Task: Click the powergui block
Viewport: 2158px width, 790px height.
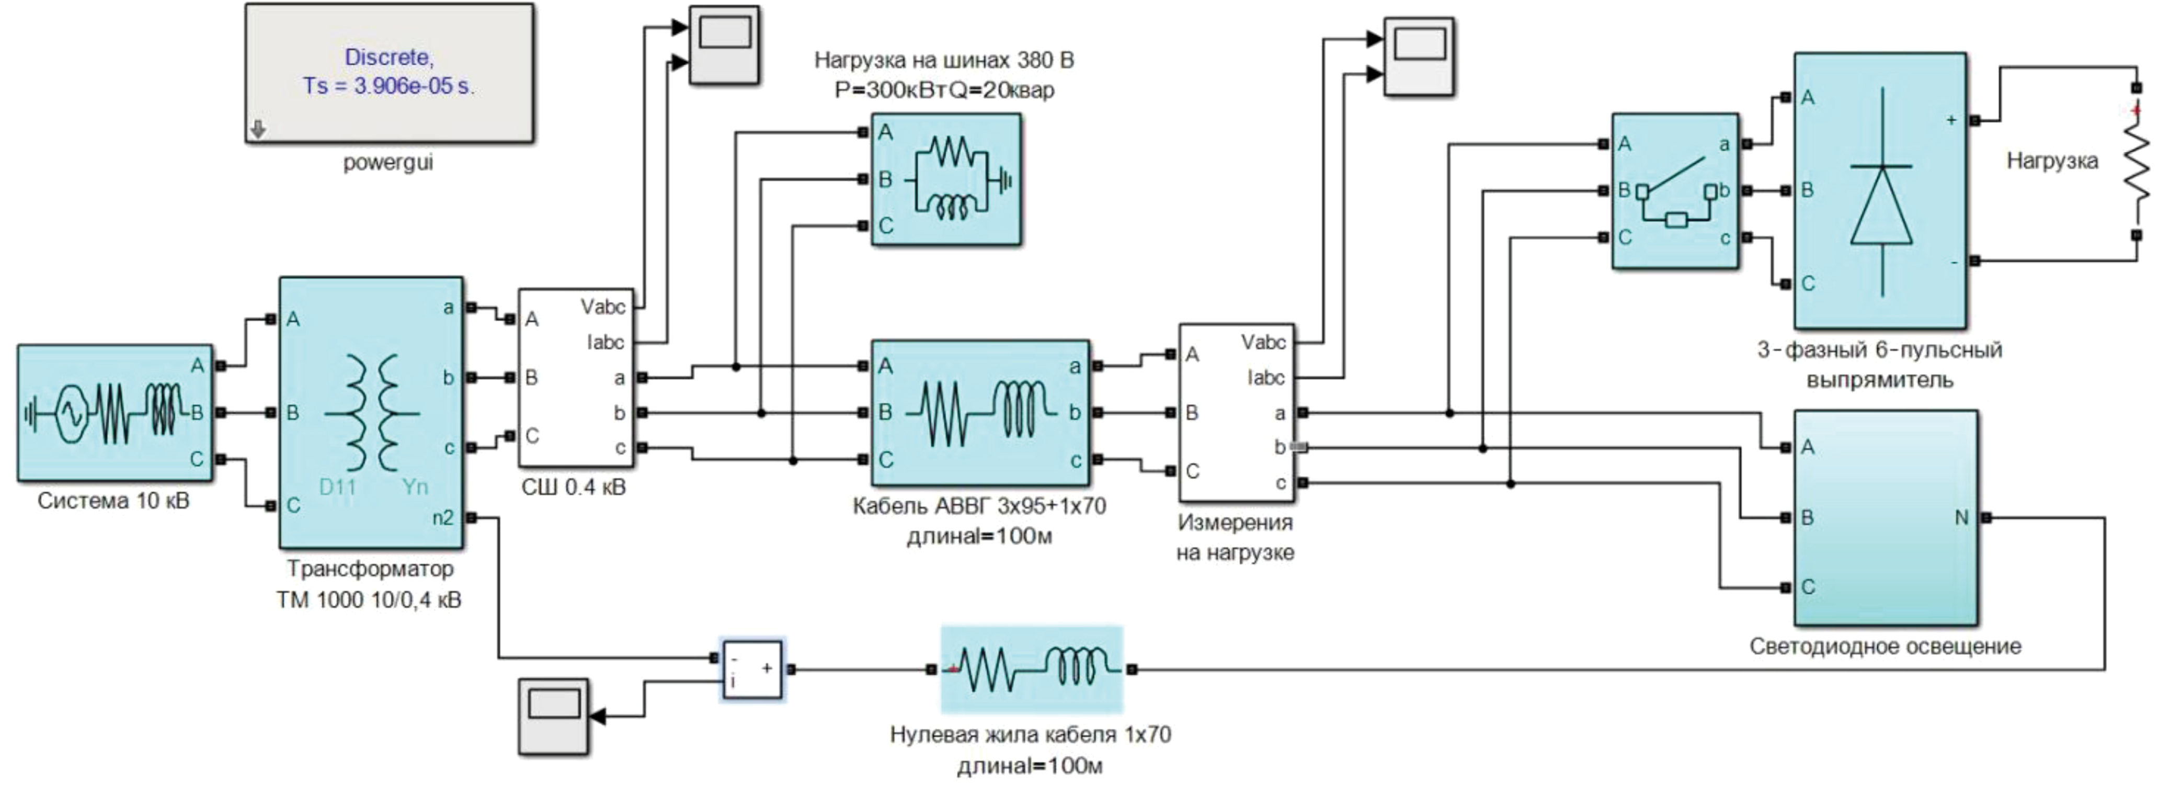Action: tap(389, 74)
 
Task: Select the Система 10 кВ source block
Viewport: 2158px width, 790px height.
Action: tap(115, 412)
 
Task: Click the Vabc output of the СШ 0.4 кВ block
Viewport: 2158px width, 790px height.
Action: tap(603, 308)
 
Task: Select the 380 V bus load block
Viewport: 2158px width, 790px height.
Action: tap(946, 179)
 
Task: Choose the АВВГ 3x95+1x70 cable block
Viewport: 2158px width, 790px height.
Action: tap(980, 412)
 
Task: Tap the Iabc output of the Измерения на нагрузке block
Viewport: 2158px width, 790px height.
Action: tap(1265, 378)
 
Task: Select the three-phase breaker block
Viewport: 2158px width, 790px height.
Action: tap(1675, 191)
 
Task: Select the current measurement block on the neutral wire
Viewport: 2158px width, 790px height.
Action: tap(752, 669)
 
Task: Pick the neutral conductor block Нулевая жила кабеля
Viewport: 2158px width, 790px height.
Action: tap(1031, 669)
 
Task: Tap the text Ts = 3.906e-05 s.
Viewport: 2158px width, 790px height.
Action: tap(389, 86)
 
